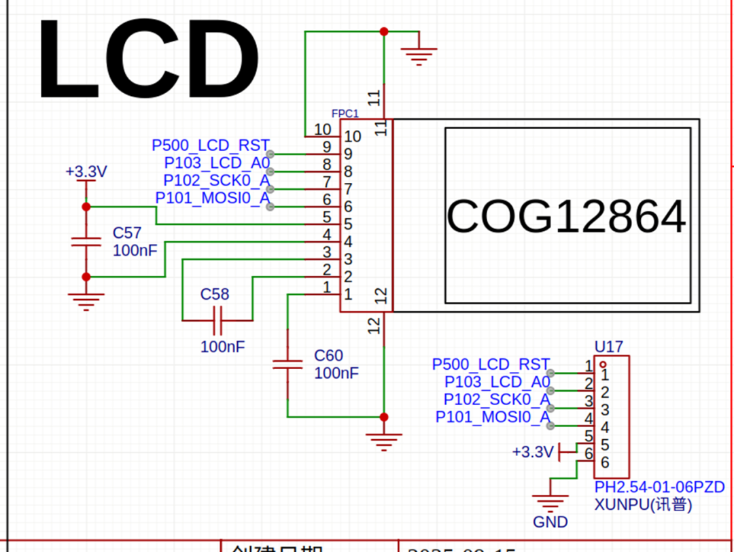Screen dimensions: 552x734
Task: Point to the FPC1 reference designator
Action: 345,113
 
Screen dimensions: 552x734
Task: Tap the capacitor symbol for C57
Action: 86,241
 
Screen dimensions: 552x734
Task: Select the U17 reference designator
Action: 608,347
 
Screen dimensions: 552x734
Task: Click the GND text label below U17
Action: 550,522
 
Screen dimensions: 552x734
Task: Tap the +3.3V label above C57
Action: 86,171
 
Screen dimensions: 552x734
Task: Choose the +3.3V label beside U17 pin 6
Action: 533,451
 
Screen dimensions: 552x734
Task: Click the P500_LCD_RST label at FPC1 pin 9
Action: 211,145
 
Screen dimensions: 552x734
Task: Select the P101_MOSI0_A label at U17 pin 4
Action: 492,417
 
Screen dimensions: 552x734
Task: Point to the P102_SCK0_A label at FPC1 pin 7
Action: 216,180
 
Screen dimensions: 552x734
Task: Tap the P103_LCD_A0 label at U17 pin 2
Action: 497,382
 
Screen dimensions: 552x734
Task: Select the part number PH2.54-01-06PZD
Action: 659,487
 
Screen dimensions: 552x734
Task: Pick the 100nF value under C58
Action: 222,347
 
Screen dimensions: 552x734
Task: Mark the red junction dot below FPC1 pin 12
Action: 384,417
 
